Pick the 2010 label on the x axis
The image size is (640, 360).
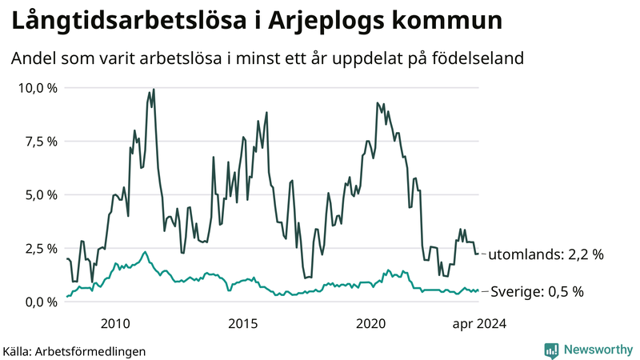coord(115,324)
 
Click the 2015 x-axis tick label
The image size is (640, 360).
coord(243,324)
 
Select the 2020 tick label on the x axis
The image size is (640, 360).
coord(371,324)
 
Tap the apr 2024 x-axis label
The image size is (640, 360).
coord(479,324)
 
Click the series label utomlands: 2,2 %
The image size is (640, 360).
coord(546,254)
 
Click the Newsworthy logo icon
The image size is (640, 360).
coord(551,350)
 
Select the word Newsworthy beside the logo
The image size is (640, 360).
coord(598,350)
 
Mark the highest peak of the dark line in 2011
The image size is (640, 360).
coord(154,90)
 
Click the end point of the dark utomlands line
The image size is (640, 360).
coord(478,254)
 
